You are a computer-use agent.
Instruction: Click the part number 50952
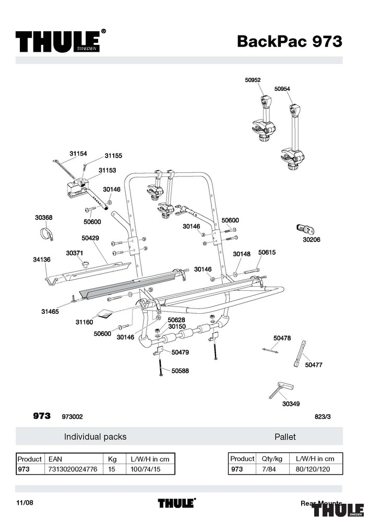click(253, 80)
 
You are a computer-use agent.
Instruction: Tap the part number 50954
click(282, 89)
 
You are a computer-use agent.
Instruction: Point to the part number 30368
click(44, 218)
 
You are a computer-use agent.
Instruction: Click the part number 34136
click(42, 259)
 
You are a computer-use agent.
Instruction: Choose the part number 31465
click(50, 312)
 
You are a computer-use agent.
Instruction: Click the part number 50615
click(267, 253)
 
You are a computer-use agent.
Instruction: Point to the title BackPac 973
click(290, 41)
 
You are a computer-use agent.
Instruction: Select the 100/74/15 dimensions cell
click(146, 469)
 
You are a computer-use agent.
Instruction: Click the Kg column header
click(112, 459)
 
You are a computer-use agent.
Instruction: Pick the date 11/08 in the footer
click(25, 503)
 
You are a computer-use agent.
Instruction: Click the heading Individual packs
click(95, 436)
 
